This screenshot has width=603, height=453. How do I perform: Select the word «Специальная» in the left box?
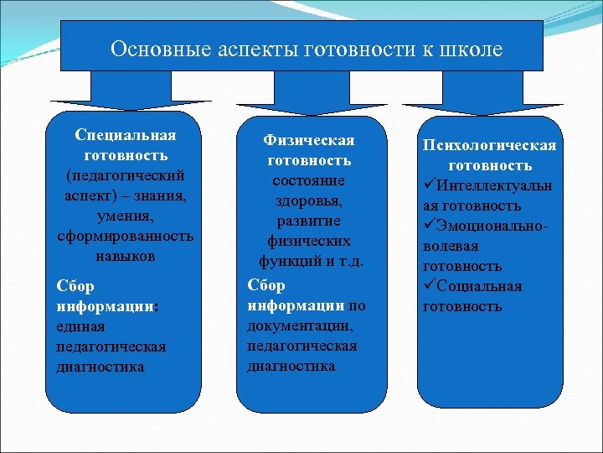[x=125, y=135]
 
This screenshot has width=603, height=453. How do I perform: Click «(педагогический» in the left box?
[x=125, y=175]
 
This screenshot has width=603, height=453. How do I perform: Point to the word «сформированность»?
[x=125, y=236]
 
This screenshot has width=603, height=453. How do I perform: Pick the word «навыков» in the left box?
[x=125, y=256]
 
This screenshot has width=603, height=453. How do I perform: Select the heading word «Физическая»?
[x=309, y=139]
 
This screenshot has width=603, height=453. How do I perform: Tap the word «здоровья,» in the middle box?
[x=309, y=200]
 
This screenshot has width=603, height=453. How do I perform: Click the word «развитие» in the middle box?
[x=309, y=221]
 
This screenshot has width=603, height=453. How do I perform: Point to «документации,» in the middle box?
[x=301, y=325]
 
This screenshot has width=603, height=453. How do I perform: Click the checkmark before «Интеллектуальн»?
[x=430, y=185]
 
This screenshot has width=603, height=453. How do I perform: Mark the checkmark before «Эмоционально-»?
[x=430, y=226]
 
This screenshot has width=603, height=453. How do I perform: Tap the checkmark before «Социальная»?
[x=430, y=286]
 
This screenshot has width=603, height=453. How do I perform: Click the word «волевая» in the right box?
[x=448, y=246]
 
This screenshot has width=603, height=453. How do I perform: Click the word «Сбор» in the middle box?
[x=266, y=285]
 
